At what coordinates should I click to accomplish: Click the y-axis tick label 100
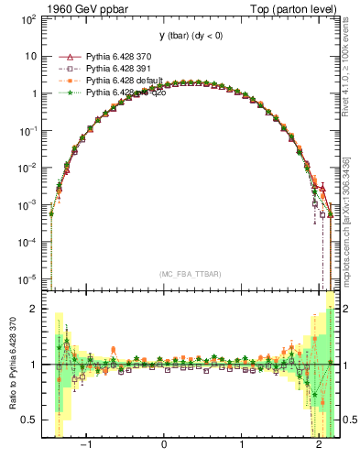click(31, 19)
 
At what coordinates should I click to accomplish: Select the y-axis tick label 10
click(33, 56)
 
